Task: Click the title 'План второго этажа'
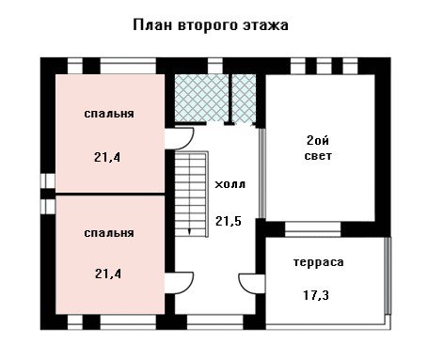coord(211,25)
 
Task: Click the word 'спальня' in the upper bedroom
coord(109,114)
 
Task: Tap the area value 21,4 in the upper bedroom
coord(107,157)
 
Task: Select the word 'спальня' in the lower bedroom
coord(109,233)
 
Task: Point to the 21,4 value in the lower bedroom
coord(108,274)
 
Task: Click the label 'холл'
coord(230,184)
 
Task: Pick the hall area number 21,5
coord(229,221)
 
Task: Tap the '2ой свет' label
coord(318,148)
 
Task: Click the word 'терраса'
coord(318,262)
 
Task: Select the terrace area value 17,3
coord(316,295)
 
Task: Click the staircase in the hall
coord(191,194)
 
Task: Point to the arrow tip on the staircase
coord(189,234)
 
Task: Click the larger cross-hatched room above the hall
coord(201,98)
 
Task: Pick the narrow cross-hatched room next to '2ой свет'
coord(244,98)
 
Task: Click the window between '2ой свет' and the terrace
coord(312,229)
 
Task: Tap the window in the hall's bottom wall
coord(215,321)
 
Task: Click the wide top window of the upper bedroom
coord(128,66)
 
